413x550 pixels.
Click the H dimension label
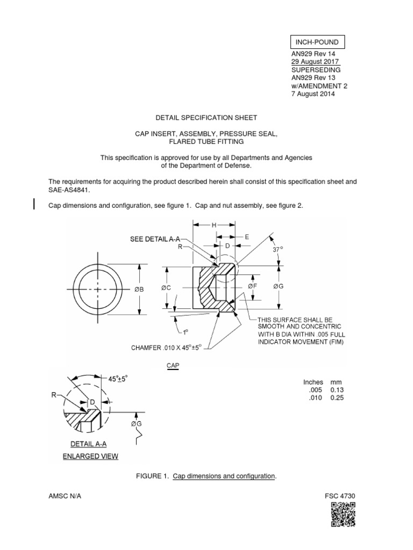pyautogui.click(x=213, y=226)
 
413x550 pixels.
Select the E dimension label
pyautogui.click(x=246, y=236)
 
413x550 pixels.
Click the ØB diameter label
pyautogui.click(x=139, y=290)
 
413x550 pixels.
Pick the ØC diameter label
pyautogui.click(x=167, y=288)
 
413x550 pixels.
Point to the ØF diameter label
pyautogui.click(x=252, y=287)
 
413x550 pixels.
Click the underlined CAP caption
pyautogui.click(x=172, y=365)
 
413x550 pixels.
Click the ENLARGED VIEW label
pyautogui.click(x=95, y=457)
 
